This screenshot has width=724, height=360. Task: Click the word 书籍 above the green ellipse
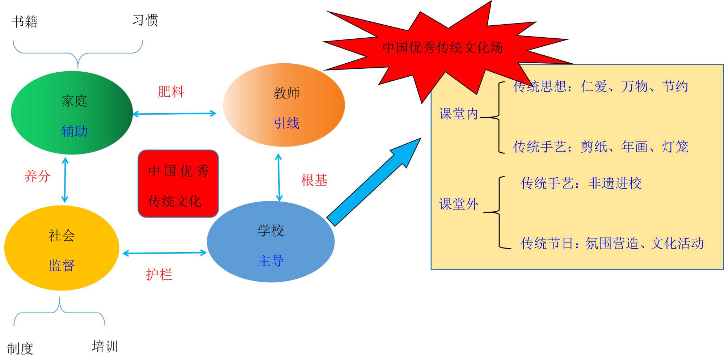[25, 22]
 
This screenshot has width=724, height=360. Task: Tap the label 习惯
[145, 20]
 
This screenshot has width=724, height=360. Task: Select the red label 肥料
[171, 92]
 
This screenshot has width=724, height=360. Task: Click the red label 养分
[37, 176]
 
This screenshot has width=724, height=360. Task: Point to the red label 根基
[314, 180]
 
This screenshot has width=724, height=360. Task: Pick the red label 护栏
[159, 274]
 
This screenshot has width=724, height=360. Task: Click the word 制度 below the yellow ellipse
[20, 349]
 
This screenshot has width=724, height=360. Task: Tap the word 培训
[105, 346]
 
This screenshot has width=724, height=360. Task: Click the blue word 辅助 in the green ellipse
[74, 131]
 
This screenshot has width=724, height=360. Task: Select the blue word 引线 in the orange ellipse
[286, 123]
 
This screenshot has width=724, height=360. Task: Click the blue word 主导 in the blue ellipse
[270, 261]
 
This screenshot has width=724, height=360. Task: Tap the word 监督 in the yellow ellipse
[62, 266]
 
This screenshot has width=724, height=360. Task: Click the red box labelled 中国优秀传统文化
[178, 184]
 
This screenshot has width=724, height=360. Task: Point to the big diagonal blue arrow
[373, 183]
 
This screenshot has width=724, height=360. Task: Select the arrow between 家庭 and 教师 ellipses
[174, 114]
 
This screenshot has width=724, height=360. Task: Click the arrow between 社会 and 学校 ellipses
[165, 253]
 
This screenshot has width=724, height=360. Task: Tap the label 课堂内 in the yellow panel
[459, 114]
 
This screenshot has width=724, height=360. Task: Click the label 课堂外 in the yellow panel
[459, 204]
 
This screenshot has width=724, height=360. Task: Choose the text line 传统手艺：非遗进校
[581, 183]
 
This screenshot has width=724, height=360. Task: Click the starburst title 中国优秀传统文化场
[442, 47]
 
